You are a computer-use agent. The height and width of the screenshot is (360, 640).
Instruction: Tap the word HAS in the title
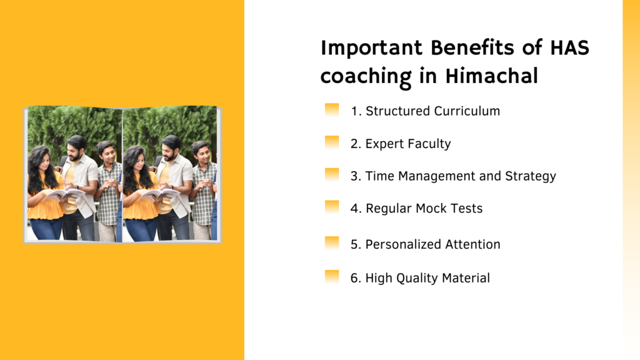pyautogui.click(x=570, y=47)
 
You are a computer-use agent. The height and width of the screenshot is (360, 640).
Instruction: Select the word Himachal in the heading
pyautogui.click(x=491, y=76)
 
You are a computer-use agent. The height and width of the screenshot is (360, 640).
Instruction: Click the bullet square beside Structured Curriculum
pyautogui.click(x=332, y=110)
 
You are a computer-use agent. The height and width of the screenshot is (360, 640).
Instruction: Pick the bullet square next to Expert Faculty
pyautogui.click(x=332, y=142)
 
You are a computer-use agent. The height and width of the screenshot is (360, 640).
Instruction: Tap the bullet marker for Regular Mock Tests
pyautogui.click(x=332, y=207)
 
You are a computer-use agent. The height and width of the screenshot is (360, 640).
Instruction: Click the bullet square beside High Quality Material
pyautogui.click(x=332, y=277)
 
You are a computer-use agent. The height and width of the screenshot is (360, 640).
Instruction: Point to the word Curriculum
pyautogui.click(x=467, y=111)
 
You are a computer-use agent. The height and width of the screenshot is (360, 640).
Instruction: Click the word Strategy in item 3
pyautogui.click(x=531, y=176)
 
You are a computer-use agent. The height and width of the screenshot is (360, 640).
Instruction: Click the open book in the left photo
pyautogui.click(x=63, y=195)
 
